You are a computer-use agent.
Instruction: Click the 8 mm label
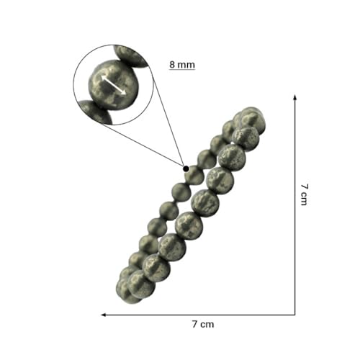182,65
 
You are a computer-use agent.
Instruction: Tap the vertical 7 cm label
304,194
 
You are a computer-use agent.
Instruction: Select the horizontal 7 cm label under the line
203,325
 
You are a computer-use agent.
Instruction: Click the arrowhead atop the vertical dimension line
295,97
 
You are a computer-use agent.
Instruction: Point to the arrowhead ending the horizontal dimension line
104,315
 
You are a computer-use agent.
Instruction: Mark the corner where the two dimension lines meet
295,315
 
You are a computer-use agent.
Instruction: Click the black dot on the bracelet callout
186,168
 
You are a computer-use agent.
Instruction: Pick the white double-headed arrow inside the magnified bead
114,85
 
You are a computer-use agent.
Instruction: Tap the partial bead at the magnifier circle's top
131,55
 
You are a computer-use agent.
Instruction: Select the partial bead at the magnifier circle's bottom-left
96,112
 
